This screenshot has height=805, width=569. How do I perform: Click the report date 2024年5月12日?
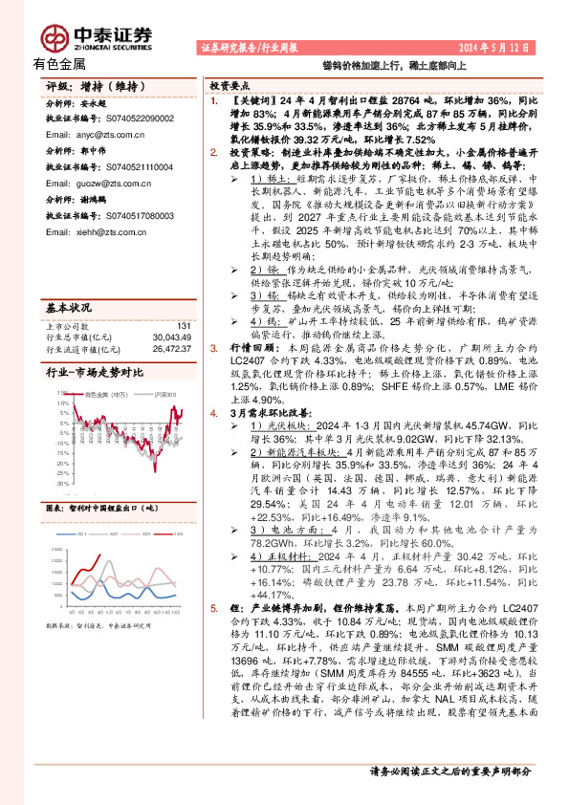pyautogui.click(x=497, y=47)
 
